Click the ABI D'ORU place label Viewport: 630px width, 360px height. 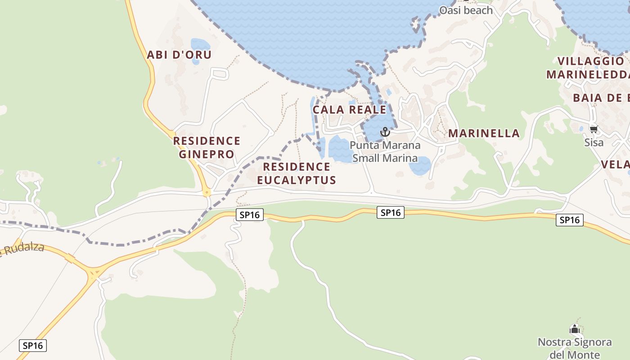(179, 55)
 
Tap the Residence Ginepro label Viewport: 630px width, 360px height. (207, 148)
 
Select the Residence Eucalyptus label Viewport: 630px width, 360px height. (297, 174)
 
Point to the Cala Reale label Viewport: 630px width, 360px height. (349, 110)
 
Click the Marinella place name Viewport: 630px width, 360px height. (484, 133)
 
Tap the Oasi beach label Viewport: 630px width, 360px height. (466, 10)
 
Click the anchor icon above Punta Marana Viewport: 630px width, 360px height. (385, 132)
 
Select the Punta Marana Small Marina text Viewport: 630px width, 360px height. (385, 152)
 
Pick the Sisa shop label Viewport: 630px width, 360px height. (594, 143)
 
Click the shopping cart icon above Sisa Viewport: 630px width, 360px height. (594, 130)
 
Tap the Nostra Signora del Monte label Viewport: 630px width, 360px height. (575, 348)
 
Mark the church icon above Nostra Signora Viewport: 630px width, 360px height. (575, 329)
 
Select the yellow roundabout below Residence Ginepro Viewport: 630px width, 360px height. (207, 192)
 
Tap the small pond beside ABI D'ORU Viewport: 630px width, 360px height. (200, 45)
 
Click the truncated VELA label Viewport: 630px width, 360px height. (615, 165)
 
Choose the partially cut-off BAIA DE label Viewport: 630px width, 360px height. (601, 98)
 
